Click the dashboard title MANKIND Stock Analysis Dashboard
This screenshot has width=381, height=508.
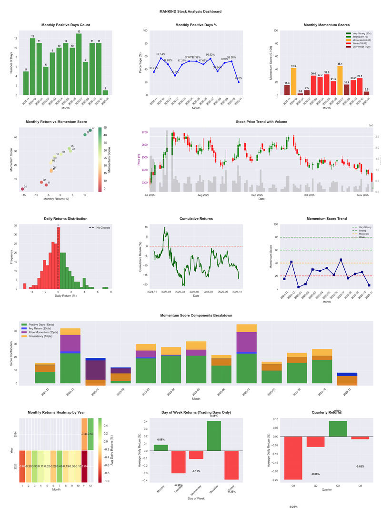click(190, 11)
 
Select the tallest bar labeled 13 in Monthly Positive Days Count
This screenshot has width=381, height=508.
click(79, 64)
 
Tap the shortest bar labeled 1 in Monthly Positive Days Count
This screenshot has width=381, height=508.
click(105, 92)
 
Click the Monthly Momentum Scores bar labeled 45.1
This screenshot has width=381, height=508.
click(340, 80)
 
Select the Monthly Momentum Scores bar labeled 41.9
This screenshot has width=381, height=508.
click(293, 81)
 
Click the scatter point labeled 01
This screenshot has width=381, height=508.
click(22, 189)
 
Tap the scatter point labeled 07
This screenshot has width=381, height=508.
click(90, 130)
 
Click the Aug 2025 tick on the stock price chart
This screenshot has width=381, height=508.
click(203, 195)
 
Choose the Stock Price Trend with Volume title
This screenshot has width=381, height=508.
click(261, 122)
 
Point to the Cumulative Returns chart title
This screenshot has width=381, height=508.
click(196, 218)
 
